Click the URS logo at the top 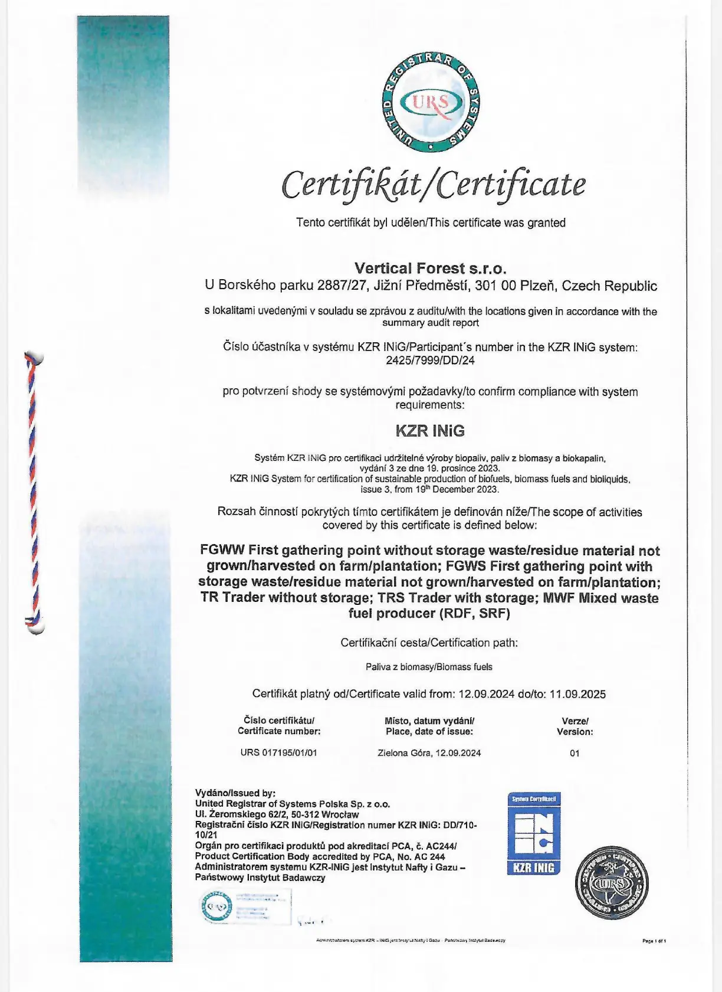(x=431, y=102)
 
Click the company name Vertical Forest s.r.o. (x=431, y=269)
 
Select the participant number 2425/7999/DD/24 (x=431, y=360)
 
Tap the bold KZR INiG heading (x=430, y=431)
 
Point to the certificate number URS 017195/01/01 (x=278, y=752)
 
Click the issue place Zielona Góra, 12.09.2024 (x=429, y=752)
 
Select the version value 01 (x=575, y=753)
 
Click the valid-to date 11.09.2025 (x=577, y=694)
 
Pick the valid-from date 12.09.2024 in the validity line (x=486, y=694)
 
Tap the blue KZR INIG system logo (x=534, y=833)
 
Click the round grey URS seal (x=611, y=883)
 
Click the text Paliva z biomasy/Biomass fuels (x=429, y=667)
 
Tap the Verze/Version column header (x=575, y=726)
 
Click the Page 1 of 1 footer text (x=654, y=941)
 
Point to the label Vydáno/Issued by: (x=235, y=793)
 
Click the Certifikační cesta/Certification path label (x=429, y=643)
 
